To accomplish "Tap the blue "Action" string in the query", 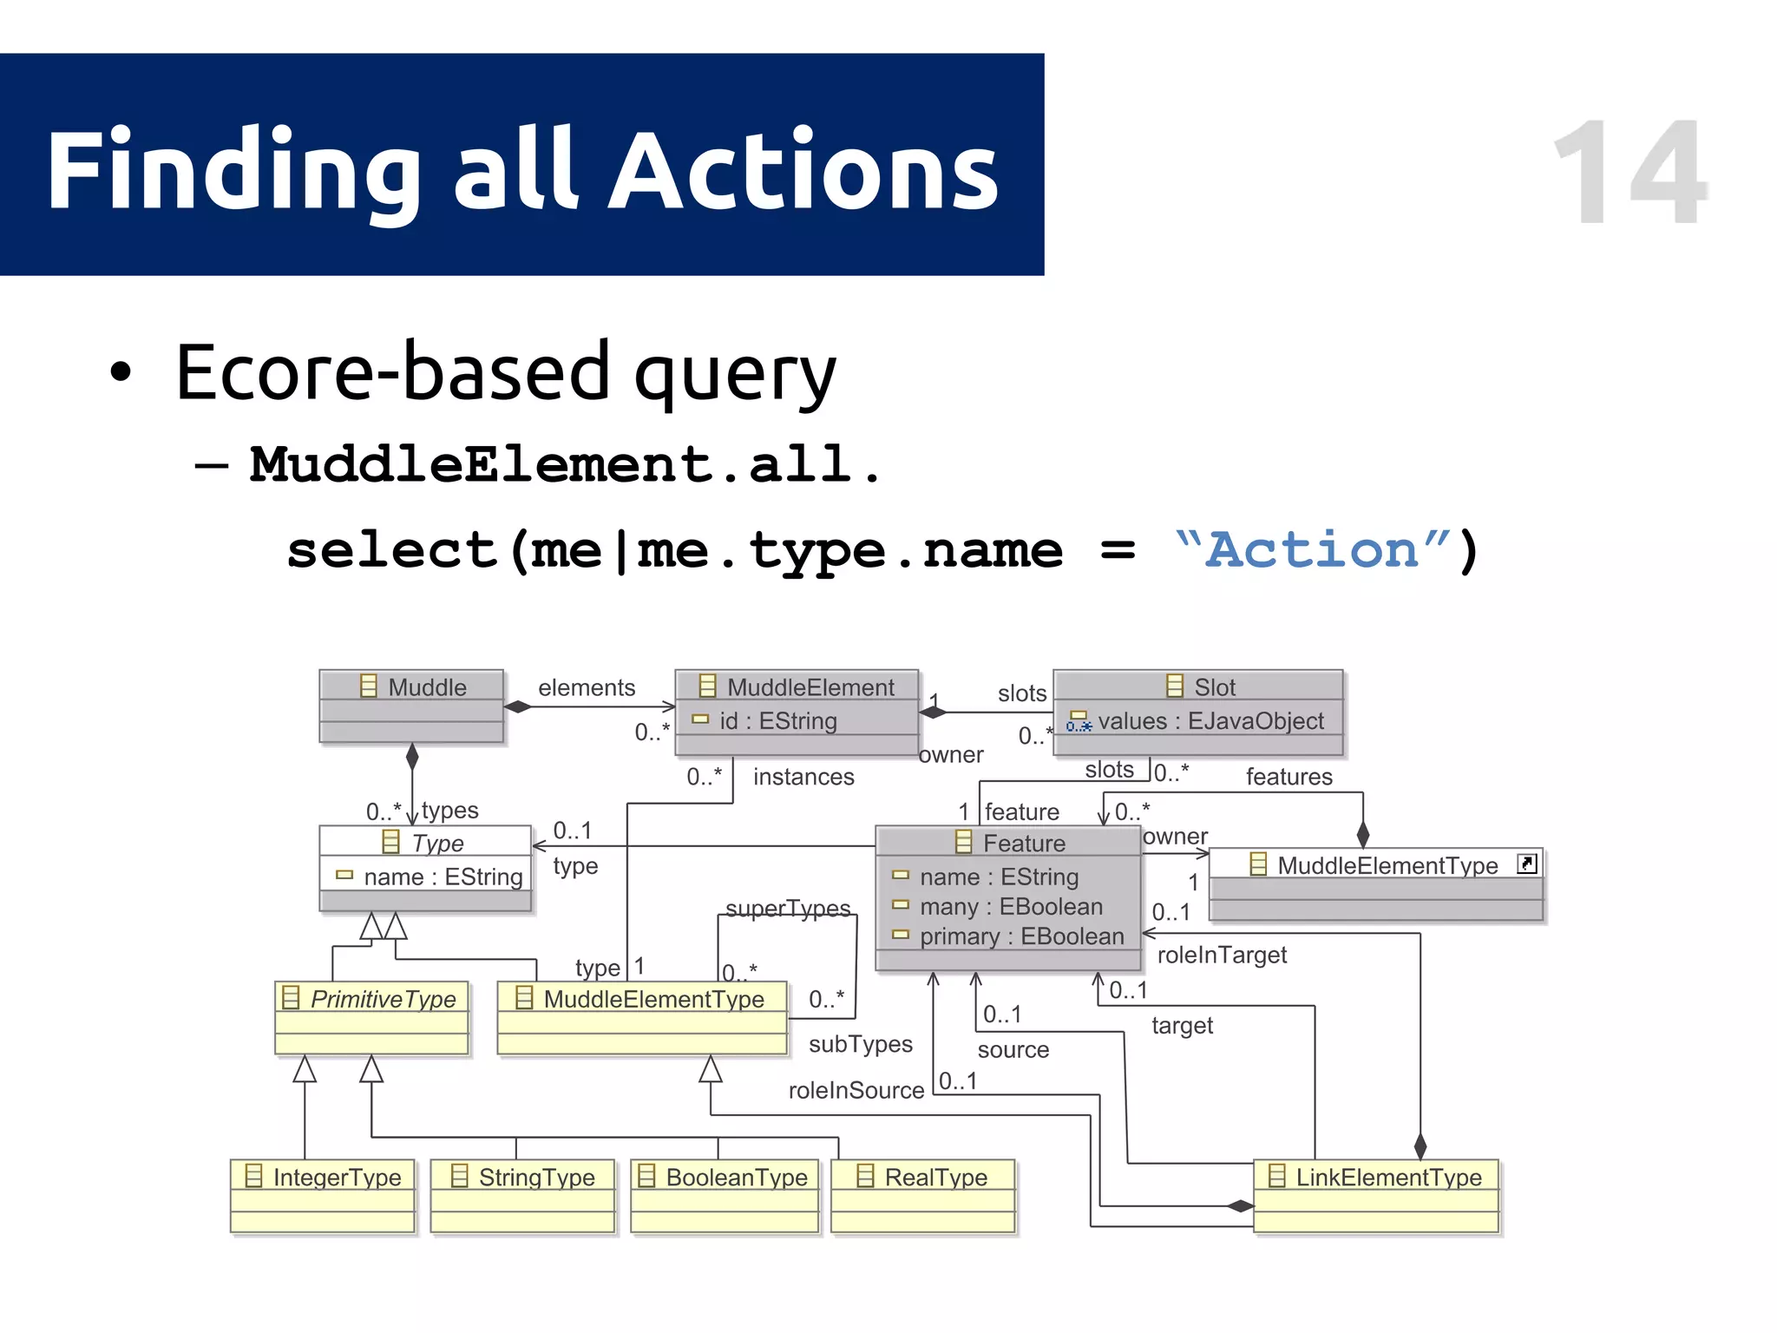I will pos(1313,549).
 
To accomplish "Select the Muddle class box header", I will pos(412,686).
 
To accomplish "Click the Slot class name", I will pos(1213,687).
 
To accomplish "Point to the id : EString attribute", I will pos(777,721).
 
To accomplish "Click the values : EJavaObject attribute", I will pos(1210,721).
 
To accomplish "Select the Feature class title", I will pos(1023,843).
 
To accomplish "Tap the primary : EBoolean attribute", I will pos(1021,936).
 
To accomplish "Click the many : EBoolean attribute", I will pos(1011,907).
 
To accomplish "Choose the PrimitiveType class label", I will pos(383,999).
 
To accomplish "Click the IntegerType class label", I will pos(337,1177).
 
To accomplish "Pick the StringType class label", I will pos(536,1177).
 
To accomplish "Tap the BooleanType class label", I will pos(736,1177).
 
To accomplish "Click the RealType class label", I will pos(935,1177).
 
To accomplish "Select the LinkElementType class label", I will pos(1388,1177).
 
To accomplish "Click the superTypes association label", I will pos(788,908).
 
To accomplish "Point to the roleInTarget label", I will pos(1221,955).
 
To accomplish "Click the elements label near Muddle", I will pos(587,687).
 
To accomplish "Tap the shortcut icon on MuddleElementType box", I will pos(1526,863).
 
